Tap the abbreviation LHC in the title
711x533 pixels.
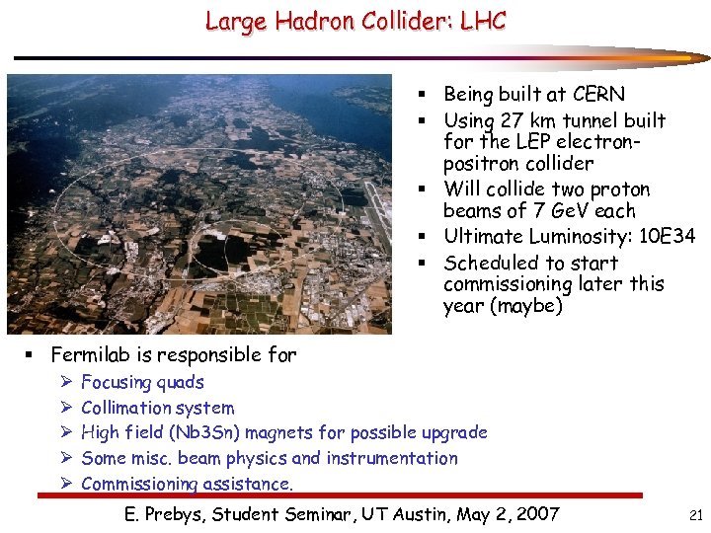click(x=481, y=21)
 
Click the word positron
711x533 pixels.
click(x=483, y=163)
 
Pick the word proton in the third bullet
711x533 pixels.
click(x=621, y=189)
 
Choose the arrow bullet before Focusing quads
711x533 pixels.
click(x=65, y=382)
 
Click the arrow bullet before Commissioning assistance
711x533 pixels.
click(x=65, y=484)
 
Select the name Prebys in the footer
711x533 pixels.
click(x=184, y=514)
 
